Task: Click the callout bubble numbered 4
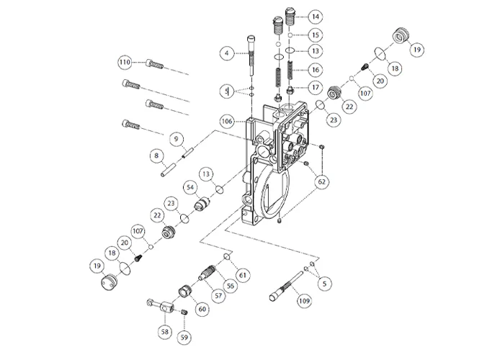226,53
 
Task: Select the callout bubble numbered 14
315,16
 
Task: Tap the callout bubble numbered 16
315,70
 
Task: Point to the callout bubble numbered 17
315,88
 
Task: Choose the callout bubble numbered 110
124,63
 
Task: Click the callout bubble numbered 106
227,122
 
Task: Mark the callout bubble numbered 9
174,138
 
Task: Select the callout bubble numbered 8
154,155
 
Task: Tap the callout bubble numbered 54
191,187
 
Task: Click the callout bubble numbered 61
243,275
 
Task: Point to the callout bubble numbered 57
217,295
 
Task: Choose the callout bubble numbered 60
202,309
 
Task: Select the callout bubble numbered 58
166,332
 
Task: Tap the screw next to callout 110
155,64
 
